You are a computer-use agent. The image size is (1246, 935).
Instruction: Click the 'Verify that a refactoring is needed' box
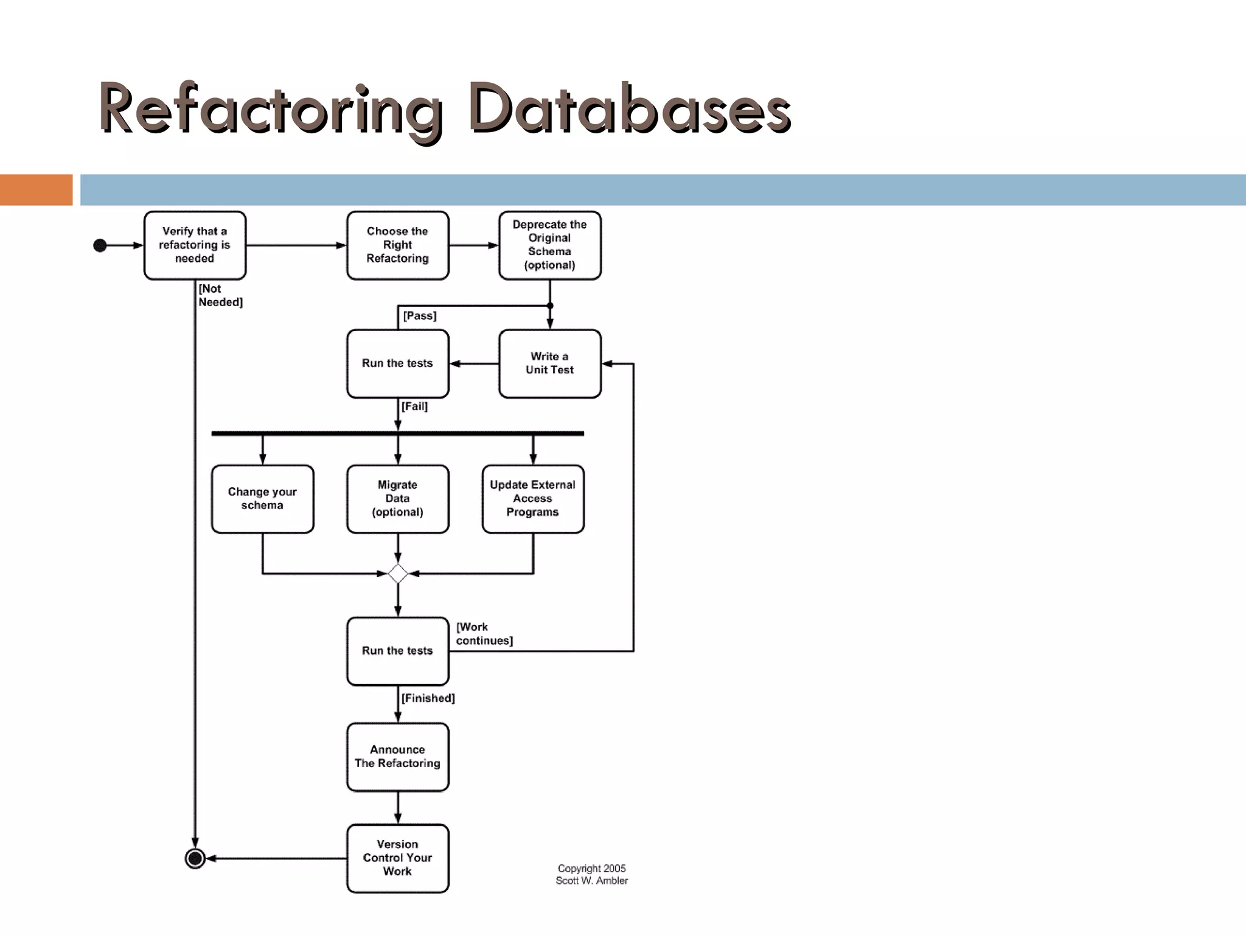(x=195, y=245)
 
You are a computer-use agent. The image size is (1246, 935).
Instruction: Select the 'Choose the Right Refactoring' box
(x=397, y=245)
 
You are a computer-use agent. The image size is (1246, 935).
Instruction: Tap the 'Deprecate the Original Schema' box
(x=549, y=245)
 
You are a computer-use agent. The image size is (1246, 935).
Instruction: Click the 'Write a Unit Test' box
(x=549, y=363)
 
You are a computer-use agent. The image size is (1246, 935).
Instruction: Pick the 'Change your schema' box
(x=262, y=499)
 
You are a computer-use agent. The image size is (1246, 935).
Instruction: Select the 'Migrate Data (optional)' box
(x=397, y=499)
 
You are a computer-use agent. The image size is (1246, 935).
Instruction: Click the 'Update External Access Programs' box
(x=532, y=499)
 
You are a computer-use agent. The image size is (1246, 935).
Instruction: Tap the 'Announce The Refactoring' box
(x=397, y=757)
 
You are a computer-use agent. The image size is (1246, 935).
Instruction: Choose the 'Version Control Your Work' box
(x=397, y=858)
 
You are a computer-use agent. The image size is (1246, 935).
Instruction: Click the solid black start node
(x=100, y=245)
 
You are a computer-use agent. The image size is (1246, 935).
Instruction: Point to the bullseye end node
(x=195, y=858)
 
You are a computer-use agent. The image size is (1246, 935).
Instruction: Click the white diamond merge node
(x=397, y=573)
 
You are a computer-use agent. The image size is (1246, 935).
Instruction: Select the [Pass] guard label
(x=420, y=316)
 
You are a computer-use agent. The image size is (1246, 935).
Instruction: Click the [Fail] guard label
(x=414, y=406)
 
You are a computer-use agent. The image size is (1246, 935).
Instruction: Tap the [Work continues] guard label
(x=484, y=634)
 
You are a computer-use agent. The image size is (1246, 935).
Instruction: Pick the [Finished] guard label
(x=428, y=698)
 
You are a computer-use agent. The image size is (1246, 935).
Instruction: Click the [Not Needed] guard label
(x=220, y=295)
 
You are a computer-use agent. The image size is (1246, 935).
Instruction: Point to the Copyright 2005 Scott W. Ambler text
(x=591, y=874)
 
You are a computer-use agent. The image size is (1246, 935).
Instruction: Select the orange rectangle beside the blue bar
(x=36, y=190)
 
